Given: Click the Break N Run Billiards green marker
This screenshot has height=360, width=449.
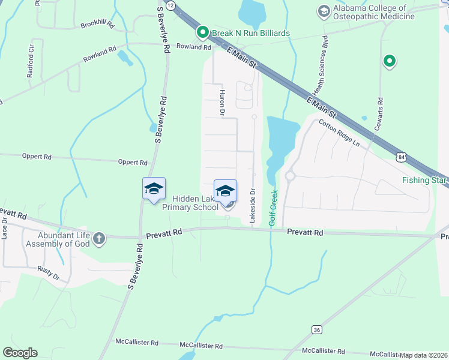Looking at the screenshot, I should tap(203, 32).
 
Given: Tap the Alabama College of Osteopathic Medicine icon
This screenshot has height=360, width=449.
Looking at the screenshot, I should tap(324, 11).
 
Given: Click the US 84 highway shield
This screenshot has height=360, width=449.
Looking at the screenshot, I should tap(401, 157).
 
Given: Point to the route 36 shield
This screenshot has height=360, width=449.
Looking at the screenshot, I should tap(316, 329).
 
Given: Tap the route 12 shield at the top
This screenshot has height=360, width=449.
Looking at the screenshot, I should tap(171, 5).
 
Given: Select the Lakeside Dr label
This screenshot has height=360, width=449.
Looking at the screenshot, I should tap(253, 206).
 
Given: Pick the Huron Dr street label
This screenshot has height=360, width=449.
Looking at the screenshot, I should tap(221, 102).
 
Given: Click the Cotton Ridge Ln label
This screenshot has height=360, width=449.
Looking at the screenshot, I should tap(339, 134).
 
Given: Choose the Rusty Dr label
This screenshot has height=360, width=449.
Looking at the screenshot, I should tap(49, 274).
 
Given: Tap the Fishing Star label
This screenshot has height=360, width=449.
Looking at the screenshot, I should tap(424, 180).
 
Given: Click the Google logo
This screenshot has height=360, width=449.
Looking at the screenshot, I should tap(20, 353).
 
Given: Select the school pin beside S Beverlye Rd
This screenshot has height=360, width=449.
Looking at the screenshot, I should tap(154, 189).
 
